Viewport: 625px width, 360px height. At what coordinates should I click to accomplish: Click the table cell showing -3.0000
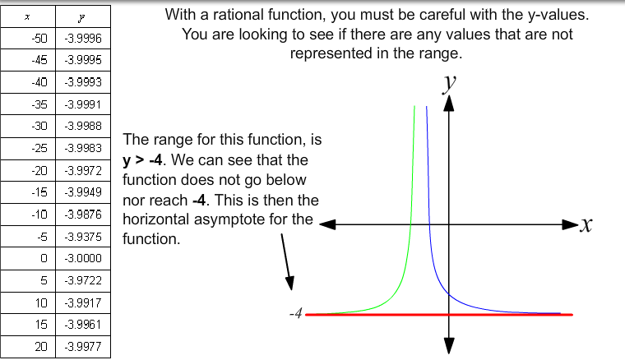pos(83,258)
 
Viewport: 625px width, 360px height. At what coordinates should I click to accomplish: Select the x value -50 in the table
pos(39,39)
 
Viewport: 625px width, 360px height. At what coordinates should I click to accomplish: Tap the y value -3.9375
pos(83,237)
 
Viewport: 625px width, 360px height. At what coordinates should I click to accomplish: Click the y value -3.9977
pos(83,347)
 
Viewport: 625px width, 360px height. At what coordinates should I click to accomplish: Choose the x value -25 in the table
pos(39,148)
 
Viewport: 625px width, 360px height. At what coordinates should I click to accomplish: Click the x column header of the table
pos(27,17)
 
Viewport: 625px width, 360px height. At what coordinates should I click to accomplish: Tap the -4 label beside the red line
pos(296,313)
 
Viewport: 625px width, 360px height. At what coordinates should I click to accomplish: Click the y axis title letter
pos(450,83)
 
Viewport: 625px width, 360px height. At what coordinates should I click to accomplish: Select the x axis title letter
pos(586,225)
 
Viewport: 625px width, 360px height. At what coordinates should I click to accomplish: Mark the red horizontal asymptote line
pos(439,315)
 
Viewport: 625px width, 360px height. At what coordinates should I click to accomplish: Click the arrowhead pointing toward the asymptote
pos(290,283)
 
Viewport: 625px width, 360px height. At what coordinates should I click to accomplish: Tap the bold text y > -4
pos(142,160)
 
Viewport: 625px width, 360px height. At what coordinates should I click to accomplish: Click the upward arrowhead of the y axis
pos(449,104)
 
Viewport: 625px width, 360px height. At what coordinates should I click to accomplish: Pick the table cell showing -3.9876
pos(83,215)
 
